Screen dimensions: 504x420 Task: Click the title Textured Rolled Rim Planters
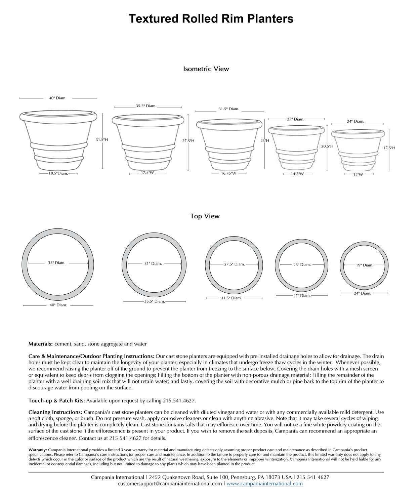point(211,19)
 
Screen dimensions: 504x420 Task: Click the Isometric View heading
point(206,69)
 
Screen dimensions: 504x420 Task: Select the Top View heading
point(205,216)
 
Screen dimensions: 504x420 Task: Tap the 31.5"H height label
point(101,139)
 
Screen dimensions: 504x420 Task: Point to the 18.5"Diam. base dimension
point(58,173)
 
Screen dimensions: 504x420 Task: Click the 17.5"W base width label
point(147,173)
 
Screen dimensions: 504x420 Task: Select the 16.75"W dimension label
point(228,173)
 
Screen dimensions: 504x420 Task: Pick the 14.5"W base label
point(297,174)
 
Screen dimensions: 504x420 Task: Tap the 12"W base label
point(358,174)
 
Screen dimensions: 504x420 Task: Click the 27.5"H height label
point(188,141)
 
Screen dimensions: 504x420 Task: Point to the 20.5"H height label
point(327,146)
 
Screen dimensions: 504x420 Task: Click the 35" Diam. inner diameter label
point(56,263)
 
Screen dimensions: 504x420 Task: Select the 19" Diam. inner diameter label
point(365,265)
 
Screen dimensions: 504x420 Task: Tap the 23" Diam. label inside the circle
point(302,264)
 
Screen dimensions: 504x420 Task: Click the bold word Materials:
point(40,344)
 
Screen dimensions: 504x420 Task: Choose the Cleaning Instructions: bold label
point(55,412)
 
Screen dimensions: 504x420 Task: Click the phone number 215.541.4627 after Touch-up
point(179,401)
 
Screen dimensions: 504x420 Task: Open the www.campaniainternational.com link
point(264,484)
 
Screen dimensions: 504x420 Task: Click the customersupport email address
point(170,484)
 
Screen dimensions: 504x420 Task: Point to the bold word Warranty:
point(38,450)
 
